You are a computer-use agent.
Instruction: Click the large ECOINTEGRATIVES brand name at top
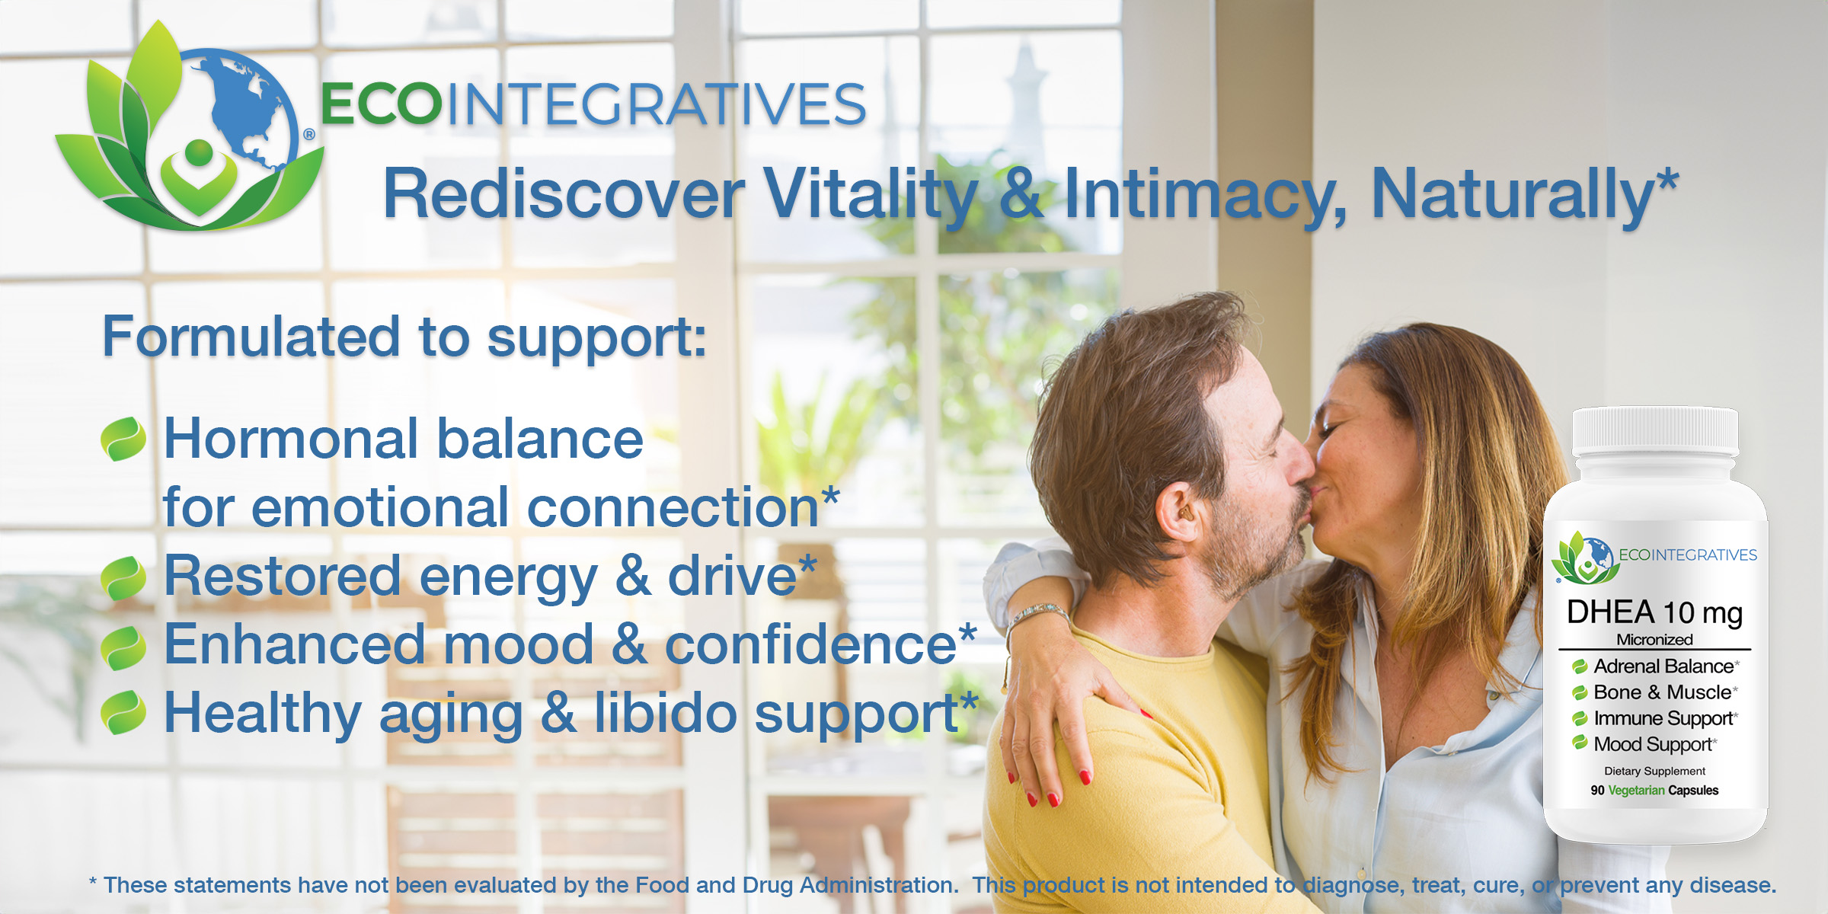point(593,104)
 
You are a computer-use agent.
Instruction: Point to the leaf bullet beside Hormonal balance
point(123,439)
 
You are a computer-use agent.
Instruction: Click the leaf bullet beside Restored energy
point(123,578)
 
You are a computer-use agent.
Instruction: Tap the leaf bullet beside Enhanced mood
point(123,647)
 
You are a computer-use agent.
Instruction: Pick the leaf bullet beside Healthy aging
point(123,712)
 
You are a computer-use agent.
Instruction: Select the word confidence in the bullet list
point(810,644)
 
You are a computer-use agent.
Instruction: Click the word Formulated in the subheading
point(251,337)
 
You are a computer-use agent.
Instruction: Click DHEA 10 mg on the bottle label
point(1654,613)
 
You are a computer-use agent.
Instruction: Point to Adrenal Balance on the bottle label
point(1663,666)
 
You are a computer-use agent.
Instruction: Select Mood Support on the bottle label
point(1653,744)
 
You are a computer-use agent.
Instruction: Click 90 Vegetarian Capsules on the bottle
point(1654,791)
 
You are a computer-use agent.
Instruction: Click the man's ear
point(1177,512)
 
